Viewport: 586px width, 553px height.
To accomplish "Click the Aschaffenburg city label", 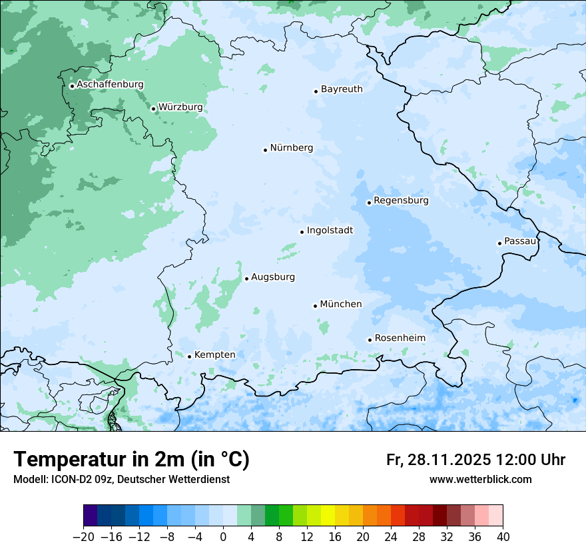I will (110, 85).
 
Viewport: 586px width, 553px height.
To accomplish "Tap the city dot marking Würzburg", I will (153, 109).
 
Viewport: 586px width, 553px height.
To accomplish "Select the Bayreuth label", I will (342, 89).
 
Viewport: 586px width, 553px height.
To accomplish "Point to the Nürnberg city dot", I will (265, 150).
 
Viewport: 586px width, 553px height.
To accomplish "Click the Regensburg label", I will (401, 200).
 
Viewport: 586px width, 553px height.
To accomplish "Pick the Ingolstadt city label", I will (330, 230).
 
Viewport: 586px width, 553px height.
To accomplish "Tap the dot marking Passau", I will (499, 243).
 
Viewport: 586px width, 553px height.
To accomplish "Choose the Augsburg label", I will (273, 276).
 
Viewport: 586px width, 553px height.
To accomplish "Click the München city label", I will (341, 304).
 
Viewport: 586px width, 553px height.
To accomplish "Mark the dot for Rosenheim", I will (370, 340).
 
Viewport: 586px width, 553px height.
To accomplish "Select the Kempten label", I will (214, 354).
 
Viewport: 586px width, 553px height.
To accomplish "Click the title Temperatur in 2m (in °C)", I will (131, 459).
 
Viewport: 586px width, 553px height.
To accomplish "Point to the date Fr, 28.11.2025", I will (439, 460).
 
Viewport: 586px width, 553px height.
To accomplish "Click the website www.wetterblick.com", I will (480, 479).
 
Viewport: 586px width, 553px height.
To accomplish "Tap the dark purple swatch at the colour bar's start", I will (91, 516).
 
